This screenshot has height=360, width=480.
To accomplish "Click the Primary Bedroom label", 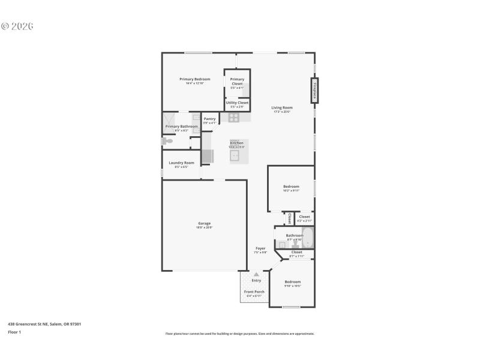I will click(194, 79).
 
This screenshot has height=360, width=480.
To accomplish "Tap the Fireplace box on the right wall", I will click(314, 91).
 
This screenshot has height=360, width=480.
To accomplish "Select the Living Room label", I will click(281, 108).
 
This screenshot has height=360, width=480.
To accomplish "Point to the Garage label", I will click(204, 223).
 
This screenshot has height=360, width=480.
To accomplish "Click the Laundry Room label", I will click(181, 163).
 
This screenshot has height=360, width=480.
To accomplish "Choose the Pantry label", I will click(209, 119).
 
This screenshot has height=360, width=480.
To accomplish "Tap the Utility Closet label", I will click(237, 103).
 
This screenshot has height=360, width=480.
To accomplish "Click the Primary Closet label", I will click(237, 82).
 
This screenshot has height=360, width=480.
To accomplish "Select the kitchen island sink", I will click(235, 155).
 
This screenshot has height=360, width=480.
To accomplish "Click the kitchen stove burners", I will click(234, 117).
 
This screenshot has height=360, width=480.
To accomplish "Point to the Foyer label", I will click(260, 248).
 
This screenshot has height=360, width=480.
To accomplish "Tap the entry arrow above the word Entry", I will click(256, 274).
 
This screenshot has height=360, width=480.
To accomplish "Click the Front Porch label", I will click(254, 292).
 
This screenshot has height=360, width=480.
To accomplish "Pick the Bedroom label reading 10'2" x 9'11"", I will click(291, 187).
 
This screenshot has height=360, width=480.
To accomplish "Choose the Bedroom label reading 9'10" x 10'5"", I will click(292, 282).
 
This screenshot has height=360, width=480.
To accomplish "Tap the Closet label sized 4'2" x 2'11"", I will click(304, 217).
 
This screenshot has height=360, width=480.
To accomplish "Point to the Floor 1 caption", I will click(14, 332).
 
